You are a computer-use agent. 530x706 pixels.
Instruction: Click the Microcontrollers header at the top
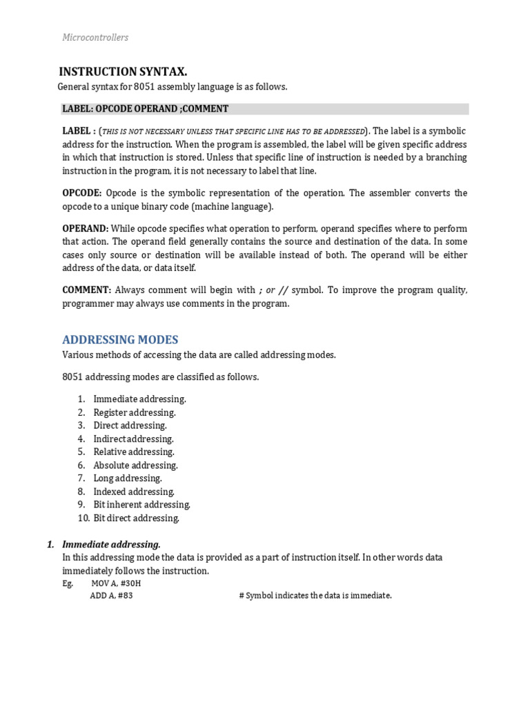point(95,37)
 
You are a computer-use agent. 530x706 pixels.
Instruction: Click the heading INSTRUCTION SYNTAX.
point(123,72)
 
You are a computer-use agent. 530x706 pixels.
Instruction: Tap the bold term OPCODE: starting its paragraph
point(82,193)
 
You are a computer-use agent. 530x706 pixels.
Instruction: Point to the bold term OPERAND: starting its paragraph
point(85,228)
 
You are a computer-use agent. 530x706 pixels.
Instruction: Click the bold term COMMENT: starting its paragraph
point(87,290)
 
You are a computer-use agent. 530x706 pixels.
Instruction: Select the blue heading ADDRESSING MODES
point(120,339)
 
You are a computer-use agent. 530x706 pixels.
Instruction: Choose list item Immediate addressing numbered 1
point(139,399)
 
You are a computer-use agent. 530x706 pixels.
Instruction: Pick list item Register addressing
point(135,412)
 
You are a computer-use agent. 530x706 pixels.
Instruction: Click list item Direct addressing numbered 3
point(130,425)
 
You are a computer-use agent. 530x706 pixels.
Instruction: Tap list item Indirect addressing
point(133,438)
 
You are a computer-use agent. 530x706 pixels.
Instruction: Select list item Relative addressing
point(134,452)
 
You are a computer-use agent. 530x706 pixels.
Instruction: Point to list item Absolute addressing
point(135,465)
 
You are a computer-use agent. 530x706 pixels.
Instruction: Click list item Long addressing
point(128,478)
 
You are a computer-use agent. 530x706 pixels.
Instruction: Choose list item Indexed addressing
point(134,492)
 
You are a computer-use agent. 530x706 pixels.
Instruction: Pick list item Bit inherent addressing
point(141,505)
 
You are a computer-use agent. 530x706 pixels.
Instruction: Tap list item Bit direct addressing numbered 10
point(136,518)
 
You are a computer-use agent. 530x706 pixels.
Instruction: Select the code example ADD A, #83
point(111,596)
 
